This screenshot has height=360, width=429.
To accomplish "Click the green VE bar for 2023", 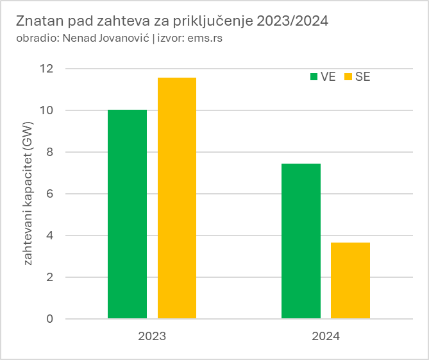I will point(127,214).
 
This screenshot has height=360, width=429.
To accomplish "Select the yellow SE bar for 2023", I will point(176,198).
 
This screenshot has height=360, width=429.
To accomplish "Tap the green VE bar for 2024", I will point(301,241).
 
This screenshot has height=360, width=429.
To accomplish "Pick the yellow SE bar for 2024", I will point(350,280).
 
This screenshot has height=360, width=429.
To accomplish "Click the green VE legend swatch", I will point(314,77).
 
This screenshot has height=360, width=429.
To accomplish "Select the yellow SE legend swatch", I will point(349,77).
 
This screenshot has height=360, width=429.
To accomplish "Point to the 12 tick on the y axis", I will point(47,69).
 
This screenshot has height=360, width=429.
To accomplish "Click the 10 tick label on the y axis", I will point(47,110).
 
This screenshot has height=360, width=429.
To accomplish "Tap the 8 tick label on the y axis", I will point(50,152).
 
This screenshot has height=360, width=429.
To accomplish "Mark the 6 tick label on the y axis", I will point(50,194).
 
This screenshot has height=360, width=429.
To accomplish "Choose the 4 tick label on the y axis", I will point(50,236).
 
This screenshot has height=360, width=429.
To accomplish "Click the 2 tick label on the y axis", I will point(50,277).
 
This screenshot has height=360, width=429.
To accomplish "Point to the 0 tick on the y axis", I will point(50,319).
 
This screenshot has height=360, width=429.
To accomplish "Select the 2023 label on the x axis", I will point(152,336).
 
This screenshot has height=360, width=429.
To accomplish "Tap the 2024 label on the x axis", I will point(326,336).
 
